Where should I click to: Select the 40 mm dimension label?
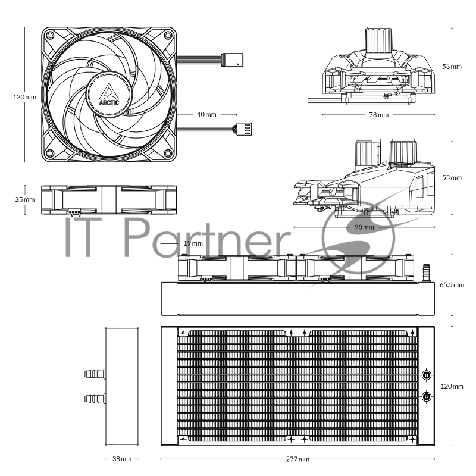pyautogui.click(x=206, y=114)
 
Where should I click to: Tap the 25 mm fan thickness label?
pyautogui.click(x=24, y=199)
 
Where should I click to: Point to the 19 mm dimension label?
pyautogui.click(x=193, y=243)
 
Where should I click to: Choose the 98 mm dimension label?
pyautogui.click(x=364, y=227)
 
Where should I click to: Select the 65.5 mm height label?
pyautogui.click(x=452, y=285)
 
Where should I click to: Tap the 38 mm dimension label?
pyautogui.click(x=121, y=459)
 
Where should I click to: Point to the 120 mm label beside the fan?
pyautogui.click(x=24, y=96)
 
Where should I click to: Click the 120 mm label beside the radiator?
pyautogui.click(x=452, y=386)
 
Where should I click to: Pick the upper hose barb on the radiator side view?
pyautogui.click(x=95, y=374)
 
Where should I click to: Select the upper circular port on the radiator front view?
pyautogui.click(x=427, y=375)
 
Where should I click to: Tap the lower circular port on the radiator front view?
pyautogui.click(x=427, y=396)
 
